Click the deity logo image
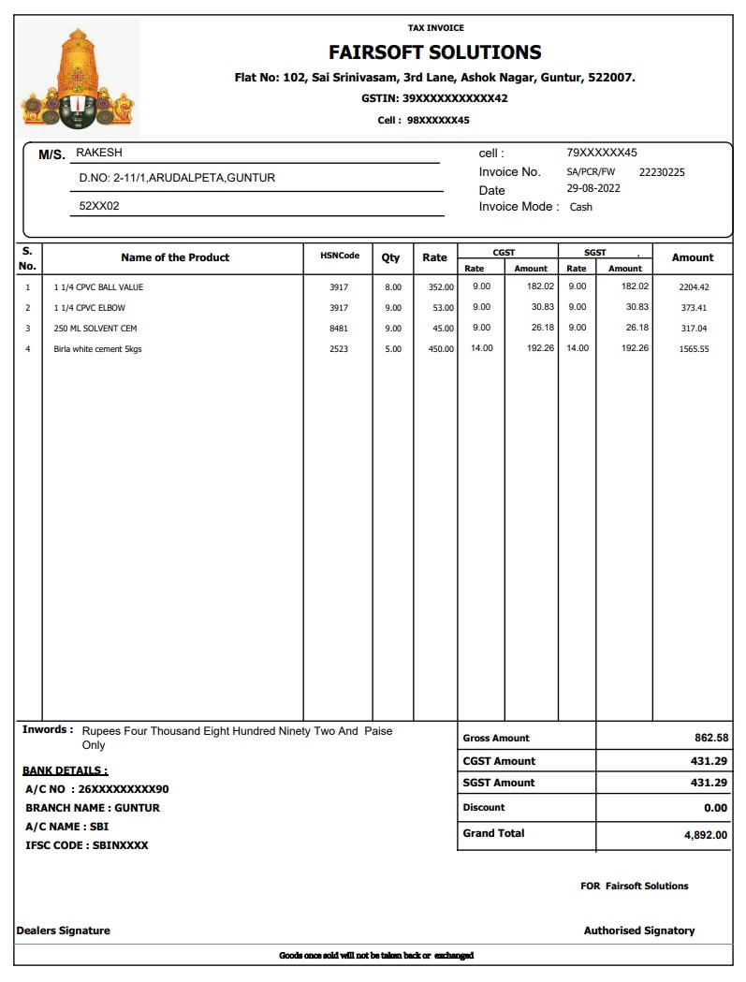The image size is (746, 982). (x=78, y=80)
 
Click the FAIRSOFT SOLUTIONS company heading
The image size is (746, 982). (x=434, y=52)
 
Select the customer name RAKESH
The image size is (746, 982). (x=98, y=153)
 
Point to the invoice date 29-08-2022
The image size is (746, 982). (x=593, y=188)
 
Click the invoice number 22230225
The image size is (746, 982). (x=662, y=172)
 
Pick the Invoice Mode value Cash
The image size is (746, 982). (x=581, y=207)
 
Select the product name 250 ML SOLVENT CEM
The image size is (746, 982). (x=95, y=329)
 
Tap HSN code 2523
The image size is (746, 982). (x=339, y=349)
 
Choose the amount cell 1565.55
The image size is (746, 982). (x=694, y=349)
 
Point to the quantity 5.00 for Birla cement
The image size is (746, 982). (x=393, y=349)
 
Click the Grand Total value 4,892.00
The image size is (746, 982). (x=706, y=835)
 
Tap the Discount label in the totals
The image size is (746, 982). (x=484, y=807)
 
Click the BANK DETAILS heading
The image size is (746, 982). (x=65, y=770)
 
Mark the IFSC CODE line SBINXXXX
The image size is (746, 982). (x=87, y=845)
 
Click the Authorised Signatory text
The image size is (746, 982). (x=639, y=931)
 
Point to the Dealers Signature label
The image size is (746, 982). (x=64, y=931)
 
